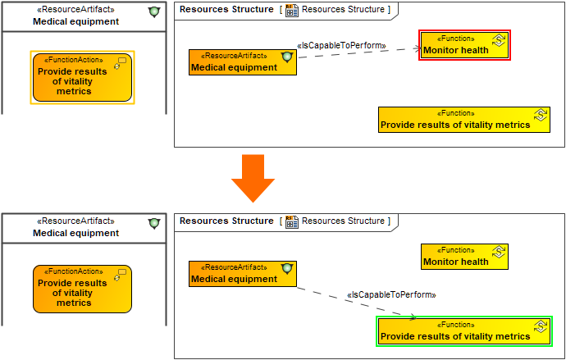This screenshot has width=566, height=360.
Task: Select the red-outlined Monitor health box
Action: tap(464, 45)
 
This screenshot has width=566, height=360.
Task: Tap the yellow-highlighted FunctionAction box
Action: tap(82, 78)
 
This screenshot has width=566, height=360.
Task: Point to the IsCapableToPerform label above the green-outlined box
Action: tap(391, 294)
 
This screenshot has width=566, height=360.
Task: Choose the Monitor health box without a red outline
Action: tap(464, 257)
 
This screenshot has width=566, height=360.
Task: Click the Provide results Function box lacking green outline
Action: tap(463, 120)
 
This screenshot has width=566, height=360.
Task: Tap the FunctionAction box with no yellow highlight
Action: tap(82, 289)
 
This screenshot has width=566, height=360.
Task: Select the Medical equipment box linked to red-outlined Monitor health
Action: tap(242, 62)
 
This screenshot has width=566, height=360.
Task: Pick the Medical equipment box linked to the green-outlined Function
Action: tap(242, 274)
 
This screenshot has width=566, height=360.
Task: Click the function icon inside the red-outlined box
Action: tap(498, 40)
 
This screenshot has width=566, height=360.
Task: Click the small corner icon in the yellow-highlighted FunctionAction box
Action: tap(120, 63)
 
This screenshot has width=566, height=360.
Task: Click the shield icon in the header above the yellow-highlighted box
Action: tap(153, 12)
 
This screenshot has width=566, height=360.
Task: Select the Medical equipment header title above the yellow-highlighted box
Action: tap(75, 21)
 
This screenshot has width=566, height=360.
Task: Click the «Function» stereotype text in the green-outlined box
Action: tap(455, 325)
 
